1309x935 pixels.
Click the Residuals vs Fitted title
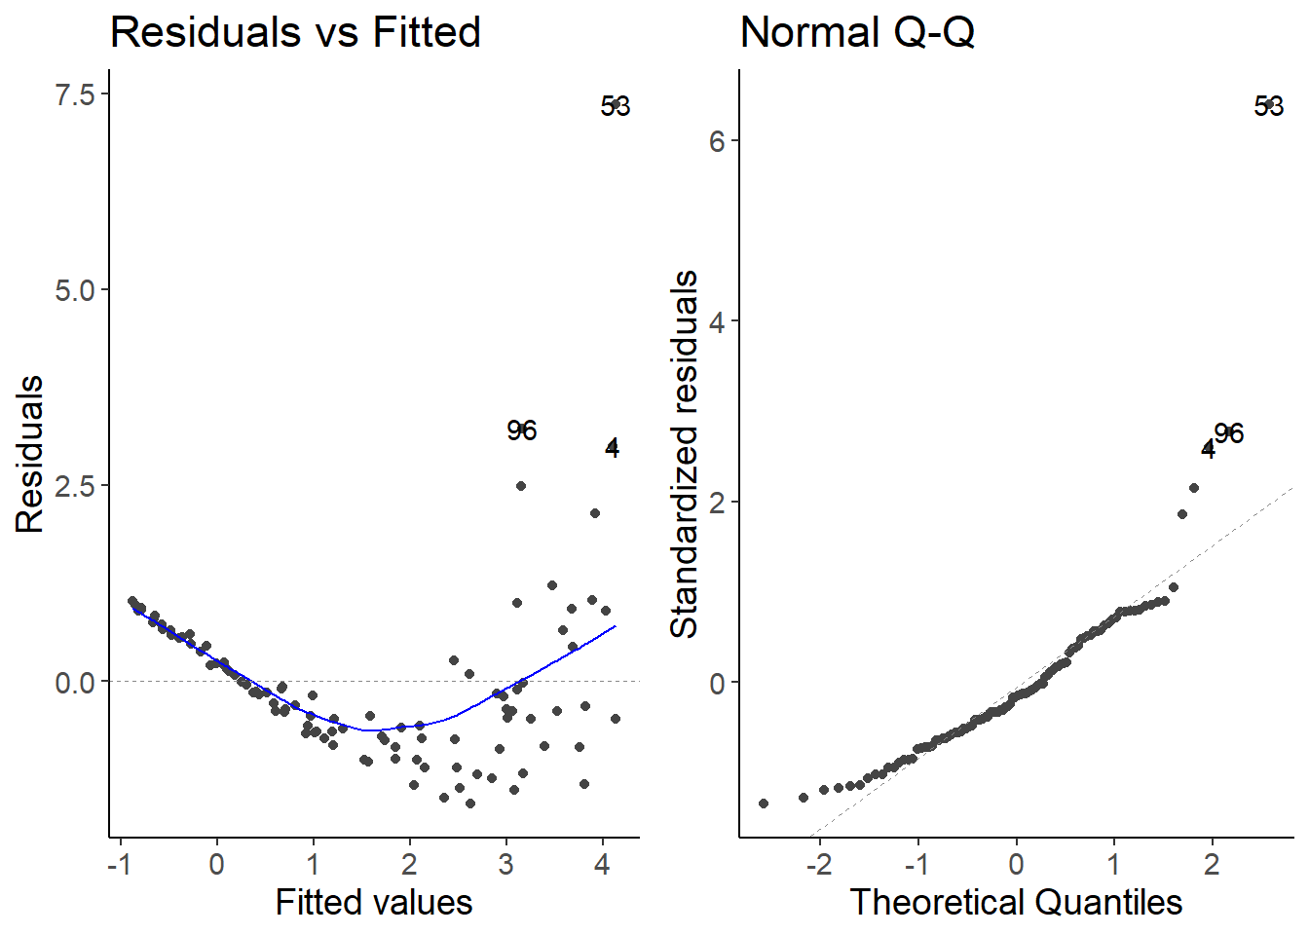click(295, 32)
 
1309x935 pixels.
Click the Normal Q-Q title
click(857, 32)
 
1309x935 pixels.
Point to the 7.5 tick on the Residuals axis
click(75, 94)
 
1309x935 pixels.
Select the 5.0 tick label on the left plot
click(75, 290)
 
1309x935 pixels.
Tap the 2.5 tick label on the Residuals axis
click(75, 486)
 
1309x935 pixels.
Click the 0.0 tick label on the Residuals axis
click(75, 682)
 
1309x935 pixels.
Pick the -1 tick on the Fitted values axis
click(119, 863)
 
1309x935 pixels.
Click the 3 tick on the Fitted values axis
click(505, 863)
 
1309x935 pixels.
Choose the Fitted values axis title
click(374, 902)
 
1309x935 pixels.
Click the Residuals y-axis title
click(30, 454)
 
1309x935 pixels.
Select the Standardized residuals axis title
click(685, 454)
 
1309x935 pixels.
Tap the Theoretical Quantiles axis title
click(1016, 902)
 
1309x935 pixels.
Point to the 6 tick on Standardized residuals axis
click(718, 141)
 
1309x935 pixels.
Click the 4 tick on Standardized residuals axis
click(718, 322)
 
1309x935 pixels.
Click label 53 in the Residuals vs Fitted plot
click(616, 106)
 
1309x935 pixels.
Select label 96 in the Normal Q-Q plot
click(1229, 433)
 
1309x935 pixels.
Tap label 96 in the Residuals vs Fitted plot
click(522, 430)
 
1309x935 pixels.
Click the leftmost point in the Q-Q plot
click(764, 804)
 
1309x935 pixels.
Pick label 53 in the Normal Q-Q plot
click(1269, 106)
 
